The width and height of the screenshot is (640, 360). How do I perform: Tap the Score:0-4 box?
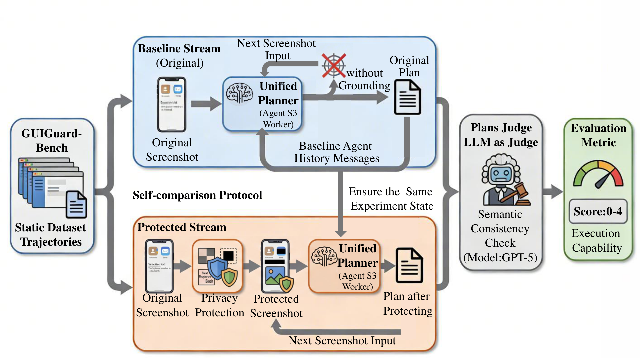click(598, 211)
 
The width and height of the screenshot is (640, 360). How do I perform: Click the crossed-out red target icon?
click(333, 65)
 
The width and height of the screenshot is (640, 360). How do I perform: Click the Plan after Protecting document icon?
click(409, 265)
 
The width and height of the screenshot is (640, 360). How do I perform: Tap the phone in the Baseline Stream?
click(172, 104)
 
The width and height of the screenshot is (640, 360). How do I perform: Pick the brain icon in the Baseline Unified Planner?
click(239, 92)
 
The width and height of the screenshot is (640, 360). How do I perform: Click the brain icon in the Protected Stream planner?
click(324, 257)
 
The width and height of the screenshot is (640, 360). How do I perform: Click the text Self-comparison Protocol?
click(197, 195)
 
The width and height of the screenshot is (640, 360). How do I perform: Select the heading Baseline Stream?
click(179, 49)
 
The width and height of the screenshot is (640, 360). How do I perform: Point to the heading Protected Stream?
click(182, 227)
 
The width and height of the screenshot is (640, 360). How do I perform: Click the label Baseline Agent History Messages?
click(337, 152)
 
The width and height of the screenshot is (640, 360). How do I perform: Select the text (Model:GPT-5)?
click(500, 257)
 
